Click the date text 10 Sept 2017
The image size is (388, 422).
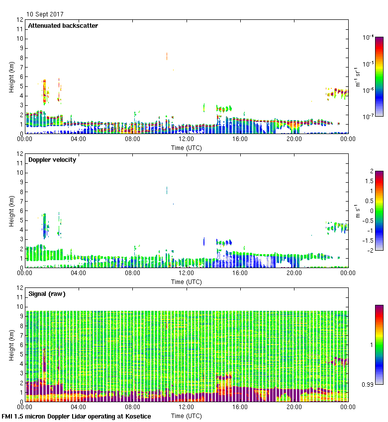click(x=45, y=14)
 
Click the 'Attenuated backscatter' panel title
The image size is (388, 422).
click(x=63, y=26)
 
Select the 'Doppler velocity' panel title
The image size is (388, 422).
click(x=52, y=160)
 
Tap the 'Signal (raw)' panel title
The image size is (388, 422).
click(x=47, y=294)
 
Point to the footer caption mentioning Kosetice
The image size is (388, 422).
click(x=77, y=417)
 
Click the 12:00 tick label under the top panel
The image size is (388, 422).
click(x=186, y=139)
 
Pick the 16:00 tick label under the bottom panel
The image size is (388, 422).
click(x=240, y=407)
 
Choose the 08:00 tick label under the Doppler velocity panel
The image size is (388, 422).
click(x=132, y=273)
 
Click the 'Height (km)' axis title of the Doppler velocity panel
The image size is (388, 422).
click(x=11, y=211)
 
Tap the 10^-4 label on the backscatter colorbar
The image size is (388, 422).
click(x=369, y=38)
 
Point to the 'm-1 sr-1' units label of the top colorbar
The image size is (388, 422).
click(x=358, y=77)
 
